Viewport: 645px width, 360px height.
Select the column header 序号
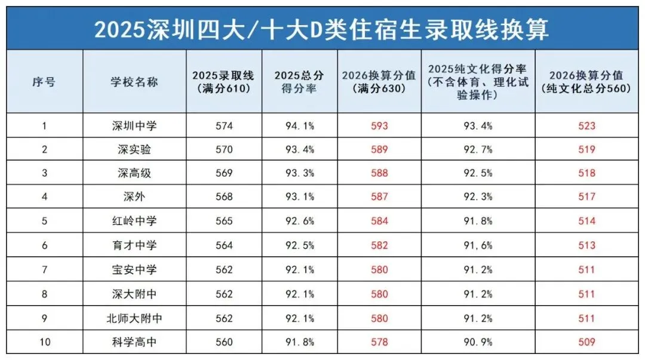pyautogui.click(x=44, y=82)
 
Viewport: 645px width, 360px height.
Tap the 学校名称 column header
pyautogui.click(x=134, y=82)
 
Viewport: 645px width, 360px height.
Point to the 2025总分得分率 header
pyautogui.click(x=299, y=82)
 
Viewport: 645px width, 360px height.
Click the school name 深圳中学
pyautogui.click(x=134, y=126)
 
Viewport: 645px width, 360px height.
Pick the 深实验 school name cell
pyautogui.click(x=134, y=150)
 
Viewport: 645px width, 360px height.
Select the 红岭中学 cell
pyautogui.click(x=134, y=221)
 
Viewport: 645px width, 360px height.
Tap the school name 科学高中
pyautogui.click(x=134, y=342)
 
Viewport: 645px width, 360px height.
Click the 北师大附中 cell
pyautogui.click(x=134, y=318)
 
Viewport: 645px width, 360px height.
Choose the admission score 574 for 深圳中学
pyautogui.click(x=224, y=126)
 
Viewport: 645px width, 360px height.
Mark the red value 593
pyautogui.click(x=379, y=126)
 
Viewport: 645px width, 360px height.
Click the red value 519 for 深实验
pyautogui.click(x=587, y=150)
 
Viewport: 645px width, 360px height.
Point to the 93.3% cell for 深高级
pyautogui.click(x=299, y=174)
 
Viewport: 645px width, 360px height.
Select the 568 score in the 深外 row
pyautogui.click(x=224, y=197)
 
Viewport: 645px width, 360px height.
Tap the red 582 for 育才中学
pyautogui.click(x=379, y=245)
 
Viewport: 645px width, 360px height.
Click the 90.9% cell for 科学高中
pyautogui.click(x=478, y=342)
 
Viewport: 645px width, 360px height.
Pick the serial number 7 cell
pyautogui.click(x=44, y=270)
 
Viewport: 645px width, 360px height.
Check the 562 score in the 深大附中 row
pyautogui.click(x=224, y=294)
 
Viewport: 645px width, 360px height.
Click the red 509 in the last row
pyautogui.click(x=587, y=342)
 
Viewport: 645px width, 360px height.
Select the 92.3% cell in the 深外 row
pyautogui.click(x=478, y=197)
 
